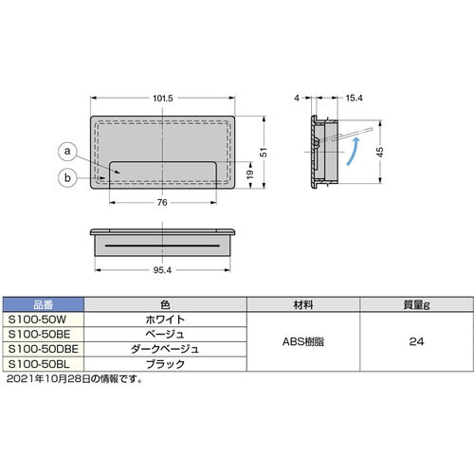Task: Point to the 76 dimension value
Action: coord(163,203)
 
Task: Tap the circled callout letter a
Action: coord(65,150)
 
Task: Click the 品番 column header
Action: coord(45,306)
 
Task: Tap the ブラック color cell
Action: coord(165,363)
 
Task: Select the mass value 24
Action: coord(414,342)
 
